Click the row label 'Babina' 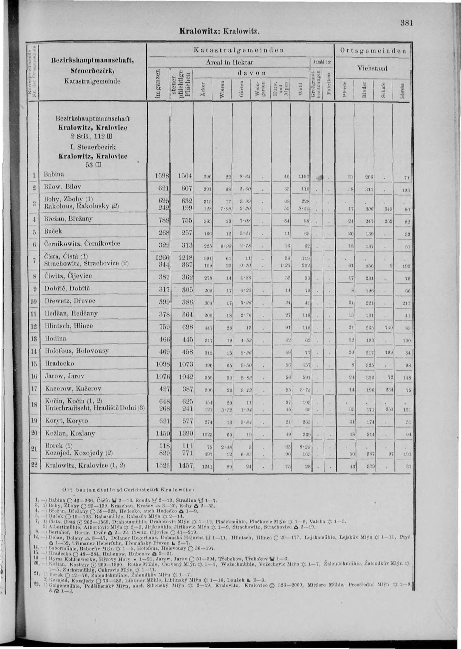click(54, 174)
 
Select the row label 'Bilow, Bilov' click(62, 187)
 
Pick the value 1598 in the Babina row click(161, 176)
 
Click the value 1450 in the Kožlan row click(161, 434)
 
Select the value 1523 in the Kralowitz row click(161, 466)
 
